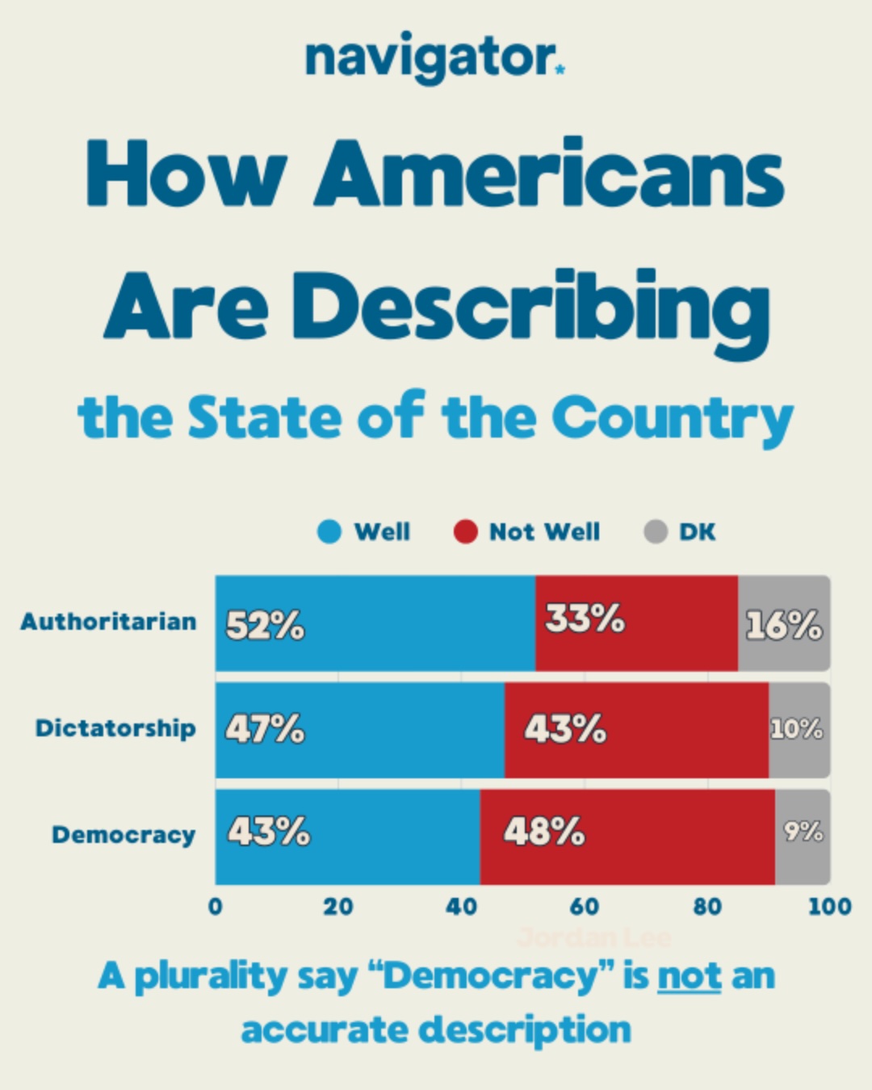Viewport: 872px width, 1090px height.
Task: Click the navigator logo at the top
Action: point(434,58)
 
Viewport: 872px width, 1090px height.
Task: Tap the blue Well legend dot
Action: point(329,532)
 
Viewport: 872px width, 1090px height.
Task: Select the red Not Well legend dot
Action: point(466,532)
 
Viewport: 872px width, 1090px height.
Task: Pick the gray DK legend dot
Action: point(656,532)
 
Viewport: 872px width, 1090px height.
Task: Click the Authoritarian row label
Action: point(109,622)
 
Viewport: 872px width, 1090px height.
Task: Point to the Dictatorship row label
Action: point(115,728)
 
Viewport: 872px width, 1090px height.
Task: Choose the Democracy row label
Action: point(124,835)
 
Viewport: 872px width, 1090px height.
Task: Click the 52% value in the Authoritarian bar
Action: point(265,626)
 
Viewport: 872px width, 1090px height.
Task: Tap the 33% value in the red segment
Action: point(585,619)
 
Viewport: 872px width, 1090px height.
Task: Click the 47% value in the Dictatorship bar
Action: point(265,729)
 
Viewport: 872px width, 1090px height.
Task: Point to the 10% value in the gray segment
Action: point(796,729)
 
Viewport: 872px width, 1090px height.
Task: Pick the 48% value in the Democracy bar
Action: point(544,832)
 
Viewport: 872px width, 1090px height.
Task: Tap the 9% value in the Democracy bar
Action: point(803,831)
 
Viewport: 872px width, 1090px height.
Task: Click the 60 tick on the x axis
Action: point(585,907)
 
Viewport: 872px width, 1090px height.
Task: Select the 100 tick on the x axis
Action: point(829,907)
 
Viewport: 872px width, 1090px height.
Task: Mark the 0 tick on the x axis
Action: point(216,907)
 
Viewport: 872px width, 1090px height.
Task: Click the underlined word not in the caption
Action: point(690,977)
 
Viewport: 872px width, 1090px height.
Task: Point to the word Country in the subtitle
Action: point(673,419)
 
